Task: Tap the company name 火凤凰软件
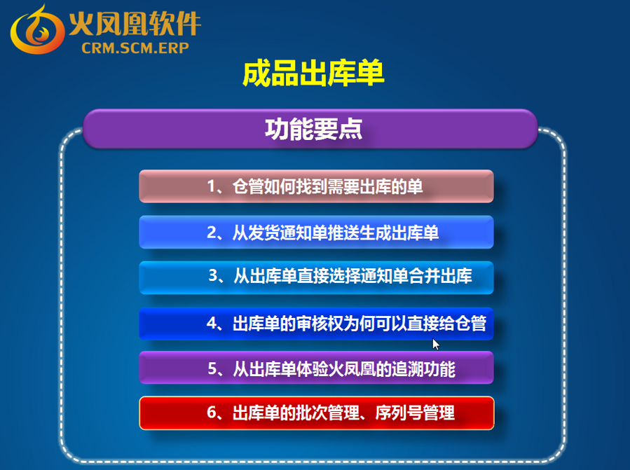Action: coord(135,24)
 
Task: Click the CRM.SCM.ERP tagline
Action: coord(135,48)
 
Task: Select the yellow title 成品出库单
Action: coord(313,73)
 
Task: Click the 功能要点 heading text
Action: coord(314,130)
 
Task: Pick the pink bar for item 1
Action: coord(316,186)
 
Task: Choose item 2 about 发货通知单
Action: coord(316,233)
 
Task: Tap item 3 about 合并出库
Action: coord(316,277)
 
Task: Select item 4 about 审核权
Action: coord(316,324)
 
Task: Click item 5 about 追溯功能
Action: coord(316,368)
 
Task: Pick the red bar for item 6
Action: coord(317,413)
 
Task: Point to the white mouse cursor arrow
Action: coord(436,344)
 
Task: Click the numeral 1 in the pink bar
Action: coord(211,186)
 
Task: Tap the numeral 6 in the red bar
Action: coord(212,413)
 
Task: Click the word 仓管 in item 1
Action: coord(248,186)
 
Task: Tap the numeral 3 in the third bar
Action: coord(213,275)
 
